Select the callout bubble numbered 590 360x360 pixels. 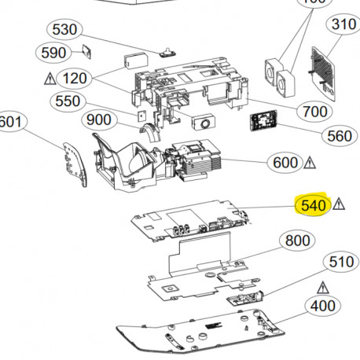tap(53, 53)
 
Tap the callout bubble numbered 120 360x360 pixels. tap(75, 79)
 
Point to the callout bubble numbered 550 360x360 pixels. tap(69, 101)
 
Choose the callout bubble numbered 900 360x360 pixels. tap(99, 119)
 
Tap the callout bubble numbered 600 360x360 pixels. tap(284, 163)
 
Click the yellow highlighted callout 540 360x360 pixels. tap(312, 205)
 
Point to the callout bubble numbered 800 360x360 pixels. tap(297, 241)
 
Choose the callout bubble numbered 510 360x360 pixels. tap(340, 263)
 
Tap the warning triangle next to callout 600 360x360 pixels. tap(310, 163)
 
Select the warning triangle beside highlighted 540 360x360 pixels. tap(339, 204)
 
